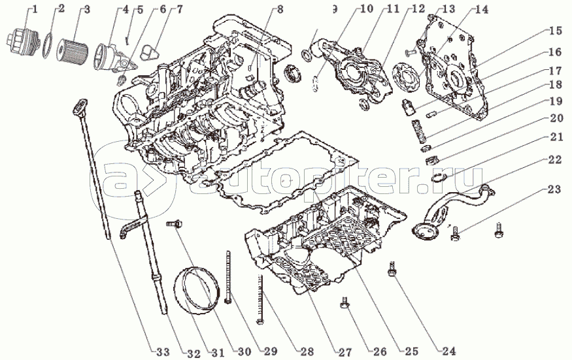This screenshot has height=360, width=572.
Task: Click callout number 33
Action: click(x=163, y=352)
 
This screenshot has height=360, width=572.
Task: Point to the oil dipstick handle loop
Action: click(x=81, y=105)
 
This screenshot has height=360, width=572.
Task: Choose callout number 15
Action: click(x=556, y=31)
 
